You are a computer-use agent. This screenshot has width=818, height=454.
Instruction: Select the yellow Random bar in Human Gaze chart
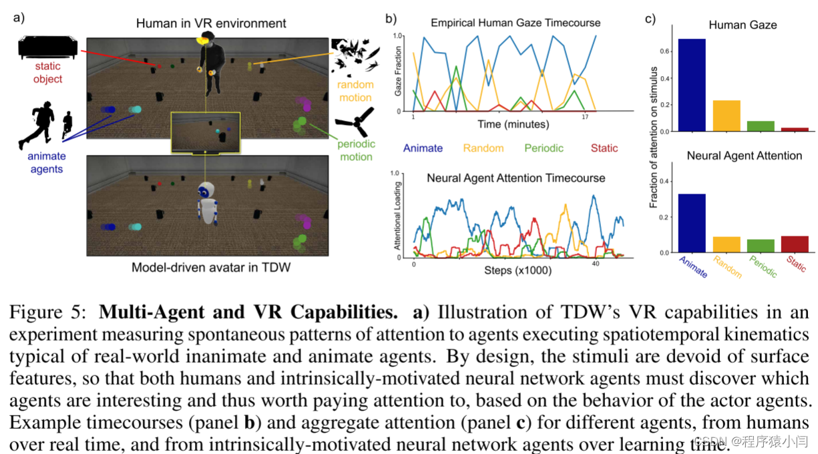click(x=726, y=116)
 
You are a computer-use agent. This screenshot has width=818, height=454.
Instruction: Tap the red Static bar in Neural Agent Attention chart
click(x=795, y=244)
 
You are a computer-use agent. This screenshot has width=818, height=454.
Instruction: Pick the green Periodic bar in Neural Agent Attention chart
click(x=761, y=246)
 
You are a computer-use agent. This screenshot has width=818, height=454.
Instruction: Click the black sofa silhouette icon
click(x=47, y=47)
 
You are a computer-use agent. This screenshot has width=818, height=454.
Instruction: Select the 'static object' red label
click(x=47, y=73)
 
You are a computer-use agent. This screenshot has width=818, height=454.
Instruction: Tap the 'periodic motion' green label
click(x=356, y=150)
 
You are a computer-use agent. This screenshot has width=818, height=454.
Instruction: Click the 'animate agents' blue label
click(x=47, y=162)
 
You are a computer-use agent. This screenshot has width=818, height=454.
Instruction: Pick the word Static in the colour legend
click(x=604, y=148)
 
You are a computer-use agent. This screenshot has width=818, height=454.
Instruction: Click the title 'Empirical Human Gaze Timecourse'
click(x=515, y=23)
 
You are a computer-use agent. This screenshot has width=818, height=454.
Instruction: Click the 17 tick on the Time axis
click(x=585, y=118)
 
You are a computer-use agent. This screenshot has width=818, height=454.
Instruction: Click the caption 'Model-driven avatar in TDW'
click(x=210, y=268)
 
